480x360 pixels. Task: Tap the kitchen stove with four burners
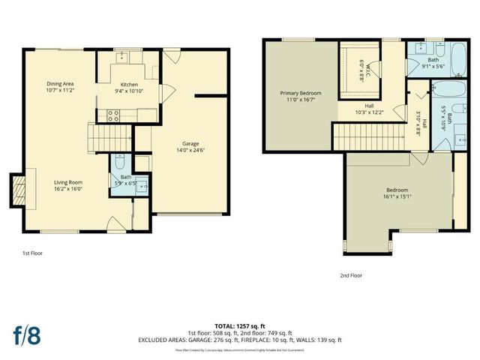(114, 115)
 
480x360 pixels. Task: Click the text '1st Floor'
(32, 253)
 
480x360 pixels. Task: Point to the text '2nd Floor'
(351, 275)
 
